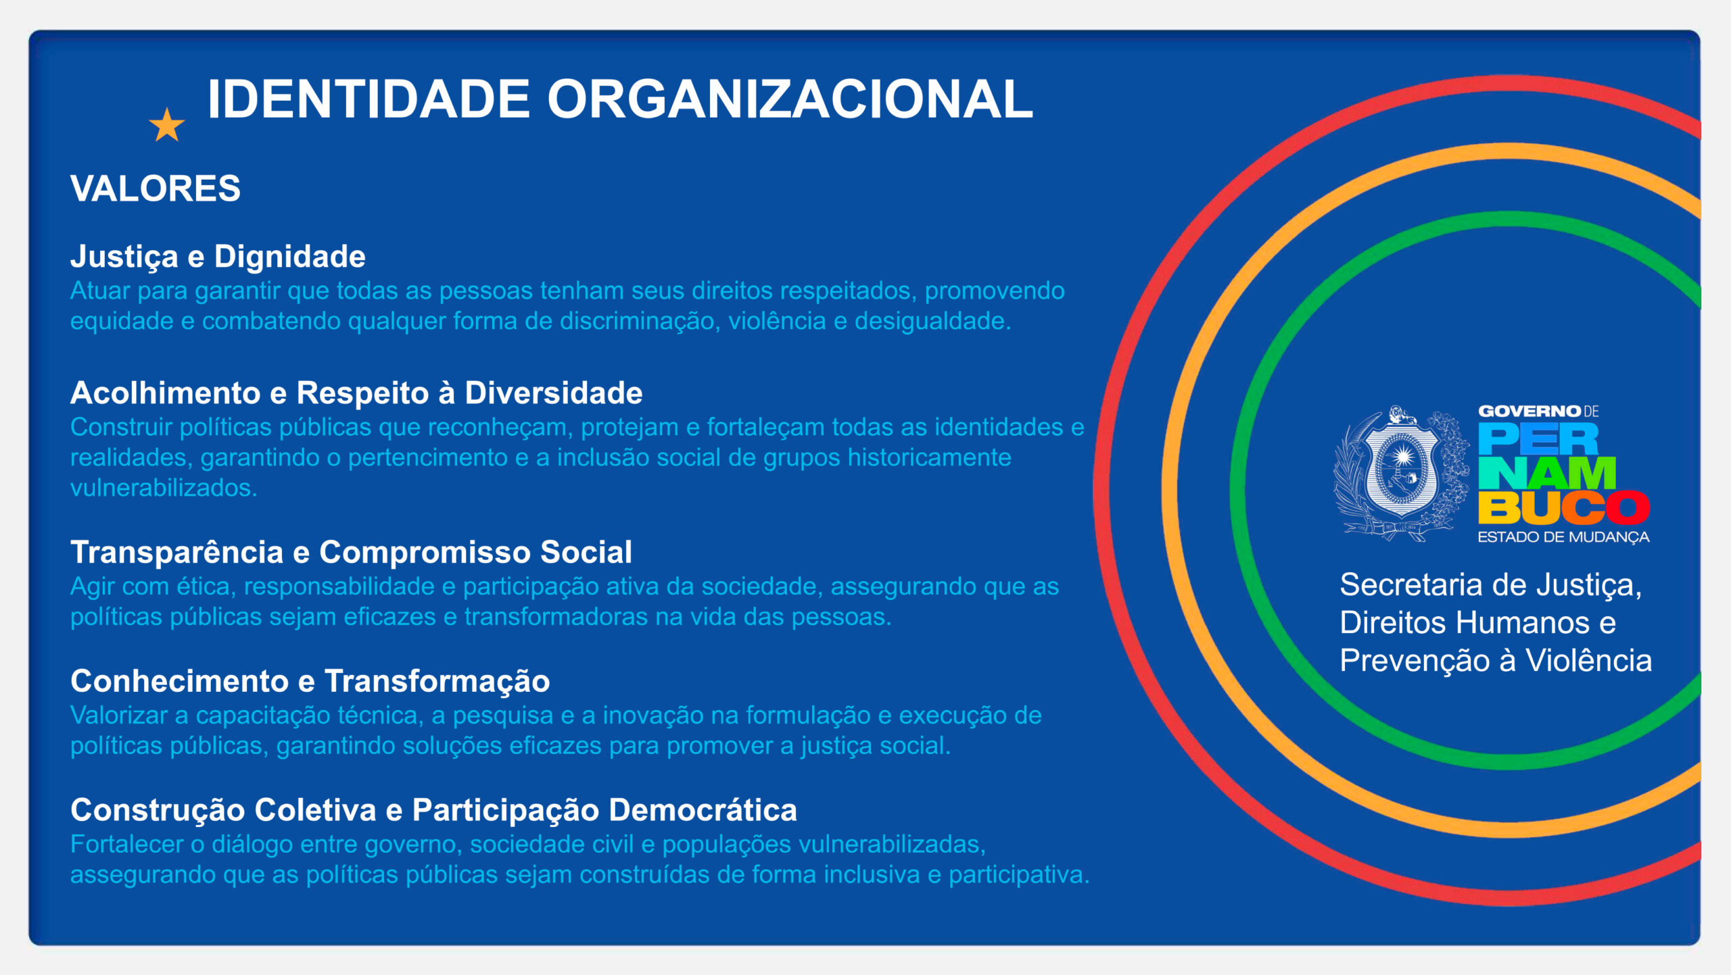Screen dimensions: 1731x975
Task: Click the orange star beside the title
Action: [167, 125]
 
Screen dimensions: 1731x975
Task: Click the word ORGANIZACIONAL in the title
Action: [790, 99]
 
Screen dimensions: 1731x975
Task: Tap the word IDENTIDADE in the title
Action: [369, 99]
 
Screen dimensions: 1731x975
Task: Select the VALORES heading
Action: [156, 188]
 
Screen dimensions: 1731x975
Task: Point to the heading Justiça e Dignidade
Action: [218, 257]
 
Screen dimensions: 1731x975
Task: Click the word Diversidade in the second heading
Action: [554, 393]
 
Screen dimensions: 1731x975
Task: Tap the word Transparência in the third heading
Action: [177, 552]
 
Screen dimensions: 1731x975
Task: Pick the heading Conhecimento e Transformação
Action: [310, 681]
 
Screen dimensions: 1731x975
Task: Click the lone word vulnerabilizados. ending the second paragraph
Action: [164, 487]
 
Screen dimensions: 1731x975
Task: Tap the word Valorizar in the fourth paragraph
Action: [119, 715]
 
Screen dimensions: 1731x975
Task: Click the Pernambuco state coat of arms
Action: [1402, 474]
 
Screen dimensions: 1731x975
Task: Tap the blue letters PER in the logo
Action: [1538, 439]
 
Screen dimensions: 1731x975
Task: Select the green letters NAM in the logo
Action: [1547, 474]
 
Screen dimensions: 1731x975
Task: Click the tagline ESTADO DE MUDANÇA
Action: [1563, 537]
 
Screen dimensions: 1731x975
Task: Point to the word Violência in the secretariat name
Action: [1588, 660]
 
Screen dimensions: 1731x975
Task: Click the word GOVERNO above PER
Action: [1530, 411]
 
